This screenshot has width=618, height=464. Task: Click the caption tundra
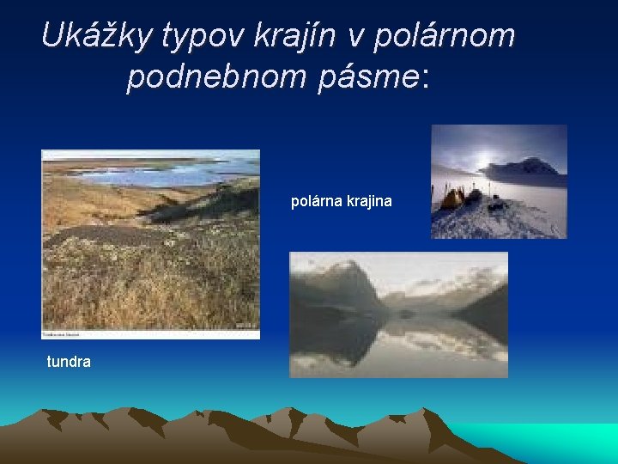69,362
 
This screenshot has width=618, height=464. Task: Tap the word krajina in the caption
368,201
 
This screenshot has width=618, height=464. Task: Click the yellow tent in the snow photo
451,198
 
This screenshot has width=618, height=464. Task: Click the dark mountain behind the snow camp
528,167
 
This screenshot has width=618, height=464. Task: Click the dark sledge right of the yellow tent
474,196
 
